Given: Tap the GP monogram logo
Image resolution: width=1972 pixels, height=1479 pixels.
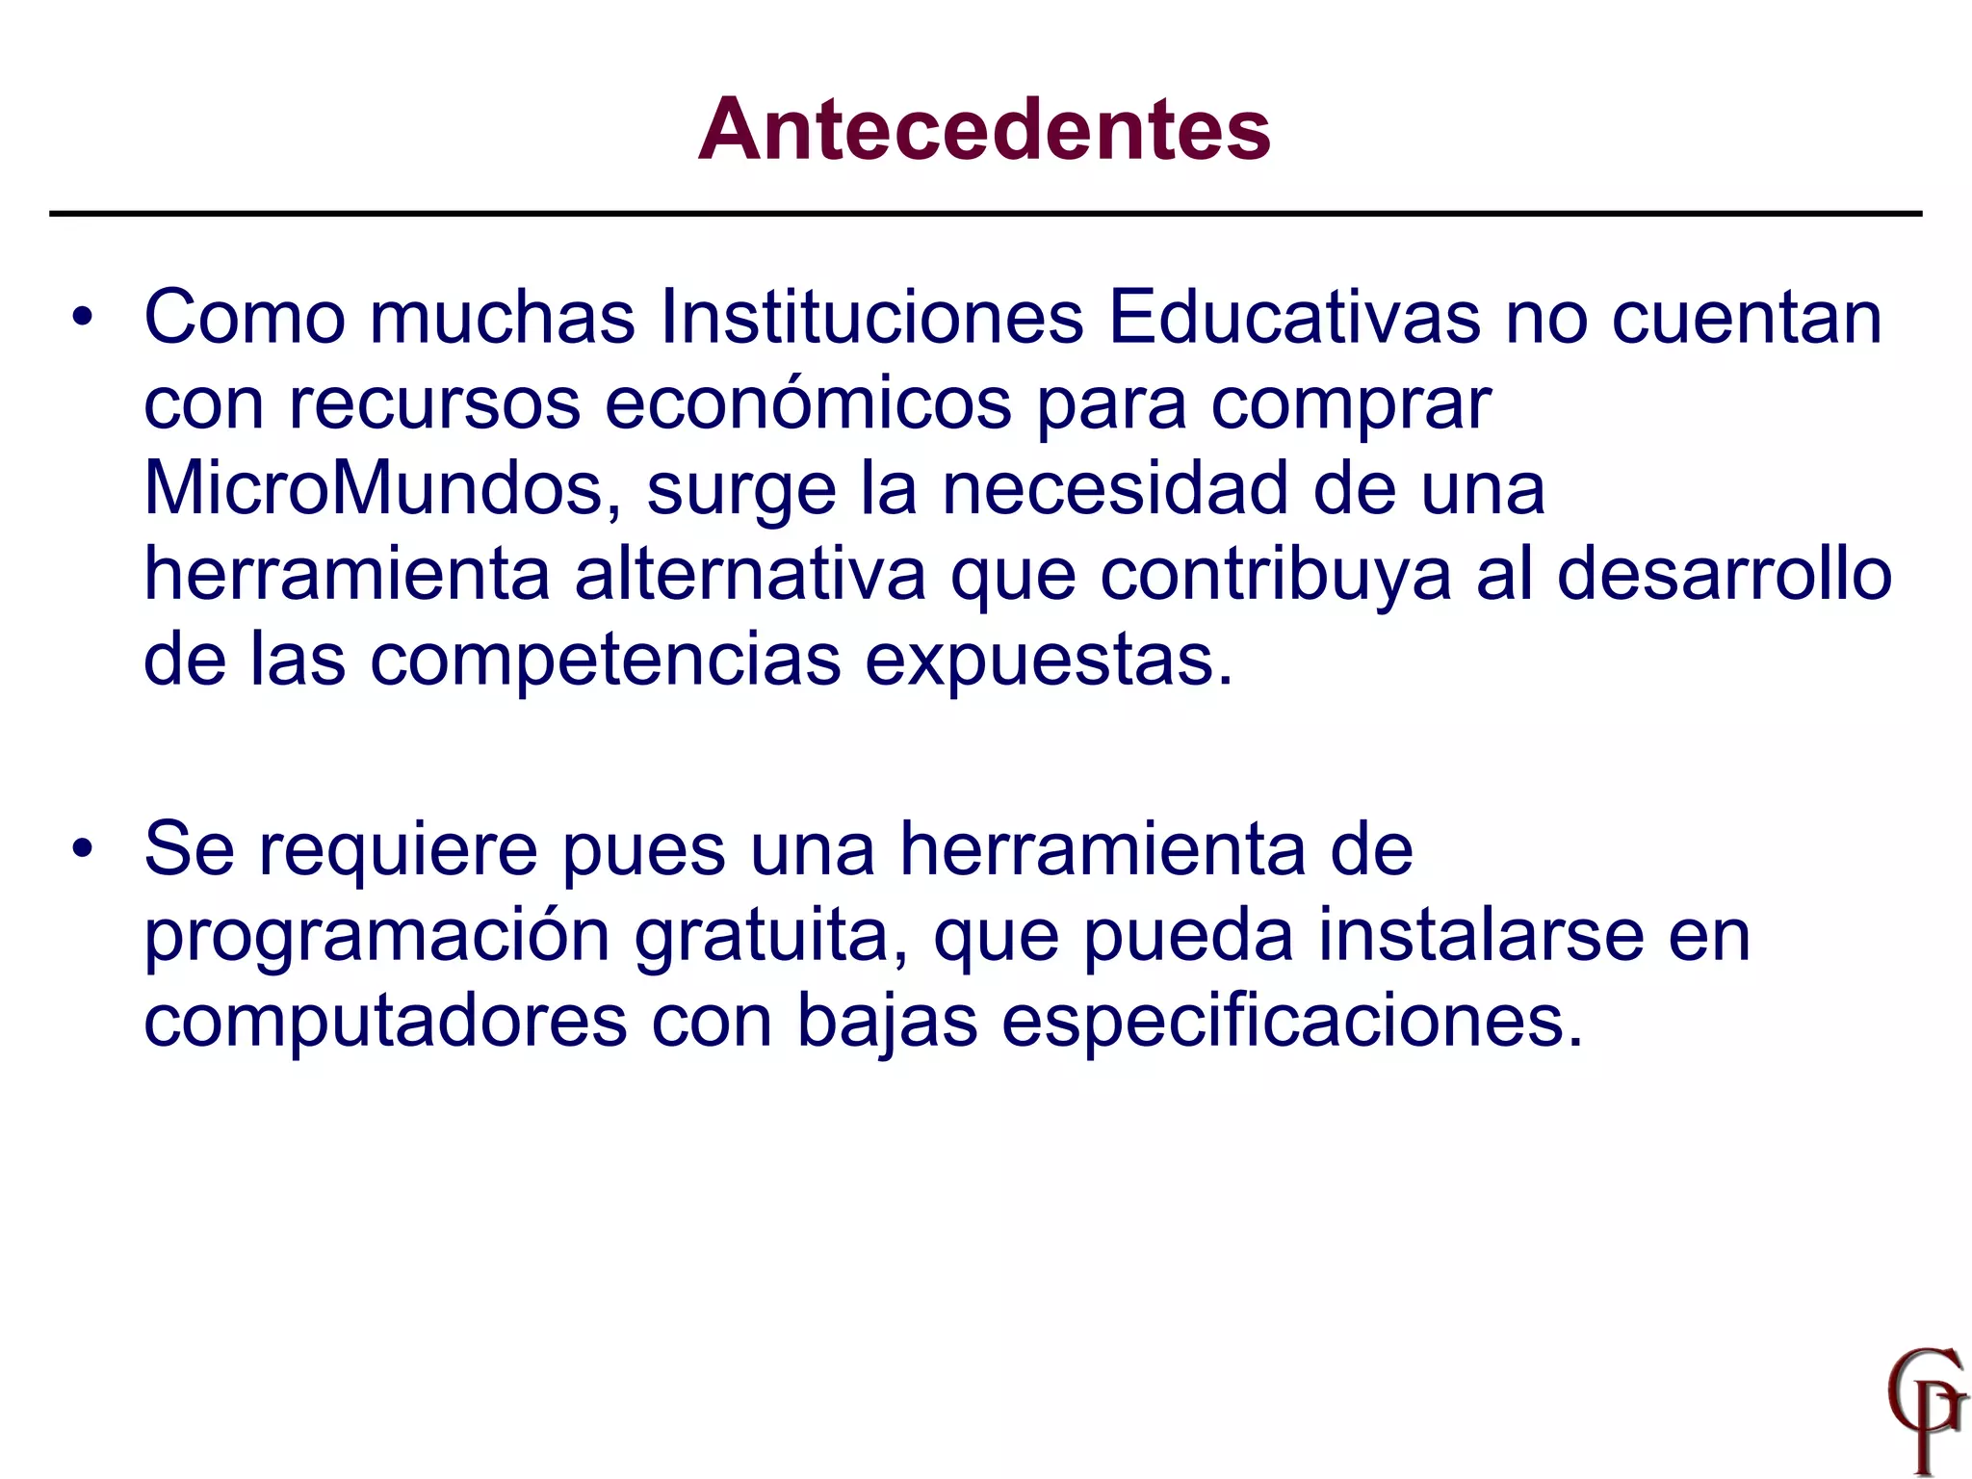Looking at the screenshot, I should (1925, 1407).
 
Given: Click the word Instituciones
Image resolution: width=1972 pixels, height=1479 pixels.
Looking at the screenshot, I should (871, 317).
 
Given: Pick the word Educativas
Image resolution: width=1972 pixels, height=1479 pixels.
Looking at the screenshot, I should (1294, 317).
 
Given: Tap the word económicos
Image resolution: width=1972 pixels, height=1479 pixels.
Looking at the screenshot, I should (808, 403).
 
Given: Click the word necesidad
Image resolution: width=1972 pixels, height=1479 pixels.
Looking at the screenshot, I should (1114, 488).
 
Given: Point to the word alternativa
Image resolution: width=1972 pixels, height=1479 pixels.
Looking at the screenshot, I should (750, 574).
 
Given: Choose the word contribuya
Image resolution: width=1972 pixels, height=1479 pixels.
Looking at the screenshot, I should (1276, 576).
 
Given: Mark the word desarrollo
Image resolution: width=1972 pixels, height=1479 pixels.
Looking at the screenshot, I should (1724, 574).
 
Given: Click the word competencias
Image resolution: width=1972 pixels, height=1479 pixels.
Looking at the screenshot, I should (605, 661).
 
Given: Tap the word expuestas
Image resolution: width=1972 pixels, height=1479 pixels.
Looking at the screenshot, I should (1047, 661).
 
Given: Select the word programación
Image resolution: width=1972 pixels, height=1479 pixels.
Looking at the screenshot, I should (376, 936).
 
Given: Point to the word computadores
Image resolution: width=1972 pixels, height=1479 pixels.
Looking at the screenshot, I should (385, 1021).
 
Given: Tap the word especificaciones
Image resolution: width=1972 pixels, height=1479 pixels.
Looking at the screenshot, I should (1291, 1021).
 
